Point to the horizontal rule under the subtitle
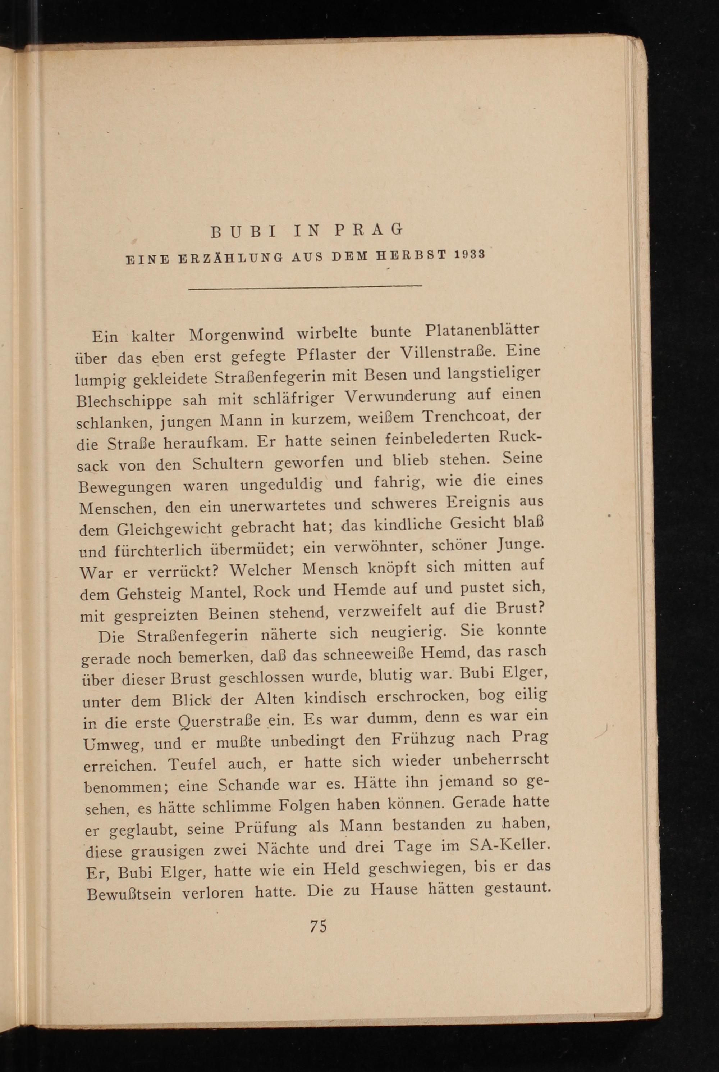pos(305,287)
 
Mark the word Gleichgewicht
pos(170,529)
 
